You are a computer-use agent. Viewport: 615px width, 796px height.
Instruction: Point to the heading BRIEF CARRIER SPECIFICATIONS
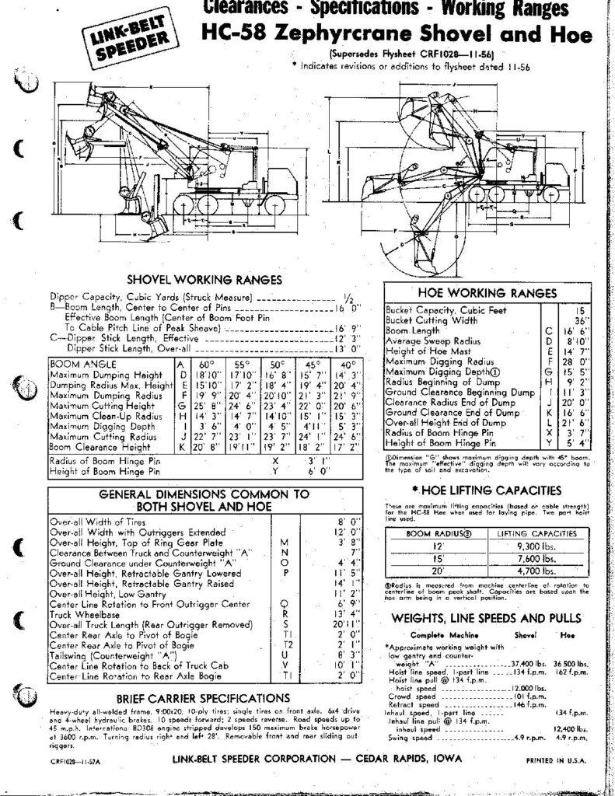[193, 697]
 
